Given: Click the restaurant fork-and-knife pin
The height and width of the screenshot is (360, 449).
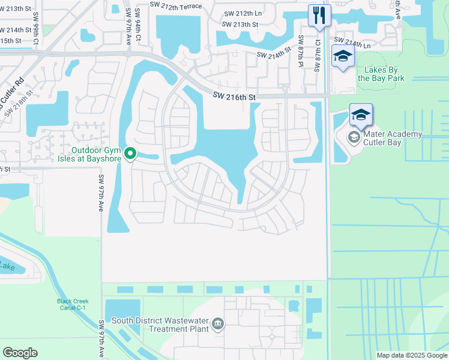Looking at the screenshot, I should [319, 15].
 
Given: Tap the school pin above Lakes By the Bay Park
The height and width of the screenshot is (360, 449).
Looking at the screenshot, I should [343, 57].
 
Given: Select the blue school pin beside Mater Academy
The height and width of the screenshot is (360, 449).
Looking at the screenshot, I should [361, 115].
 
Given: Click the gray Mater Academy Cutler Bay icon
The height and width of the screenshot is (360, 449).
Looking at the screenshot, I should [354, 138].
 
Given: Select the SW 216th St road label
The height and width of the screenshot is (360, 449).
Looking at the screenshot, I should [235, 97].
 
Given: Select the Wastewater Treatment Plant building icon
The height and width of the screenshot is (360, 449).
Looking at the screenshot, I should [218, 324].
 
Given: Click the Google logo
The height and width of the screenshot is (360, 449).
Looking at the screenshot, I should [20, 353].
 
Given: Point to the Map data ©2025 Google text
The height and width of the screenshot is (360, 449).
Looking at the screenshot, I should [411, 355].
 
